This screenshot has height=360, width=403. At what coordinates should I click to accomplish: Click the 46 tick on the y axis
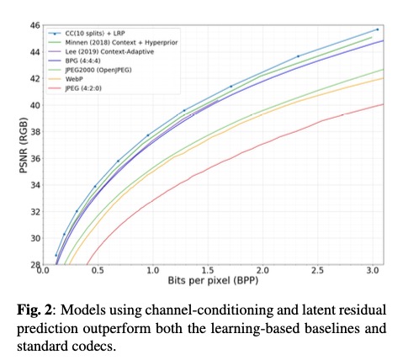click(x=35, y=25)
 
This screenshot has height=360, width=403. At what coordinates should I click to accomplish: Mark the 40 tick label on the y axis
click(x=35, y=105)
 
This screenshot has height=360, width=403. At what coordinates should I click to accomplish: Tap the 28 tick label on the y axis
click(x=35, y=264)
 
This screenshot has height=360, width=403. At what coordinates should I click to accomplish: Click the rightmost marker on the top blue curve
click(x=376, y=29)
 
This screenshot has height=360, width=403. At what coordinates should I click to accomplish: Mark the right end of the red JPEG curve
click(x=384, y=104)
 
